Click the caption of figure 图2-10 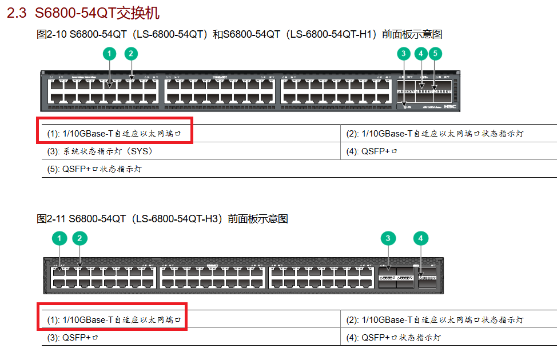tap(239, 35)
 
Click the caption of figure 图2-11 tap(162, 219)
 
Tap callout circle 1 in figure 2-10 tap(109, 54)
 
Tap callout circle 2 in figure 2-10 tap(131, 54)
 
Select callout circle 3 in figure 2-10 tap(404, 54)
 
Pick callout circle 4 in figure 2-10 tap(421, 54)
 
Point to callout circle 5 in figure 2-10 tap(435, 54)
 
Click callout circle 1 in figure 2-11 tap(59, 238)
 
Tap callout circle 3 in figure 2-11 tap(388, 238)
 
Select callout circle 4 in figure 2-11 tap(421, 238)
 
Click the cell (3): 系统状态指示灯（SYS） tap(100, 151)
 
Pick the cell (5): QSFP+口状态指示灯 tap(94, 170)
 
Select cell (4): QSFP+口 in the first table tap(379, 151)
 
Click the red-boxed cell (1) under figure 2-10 tap(114, 134)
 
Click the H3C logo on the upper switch tap(450, 106)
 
